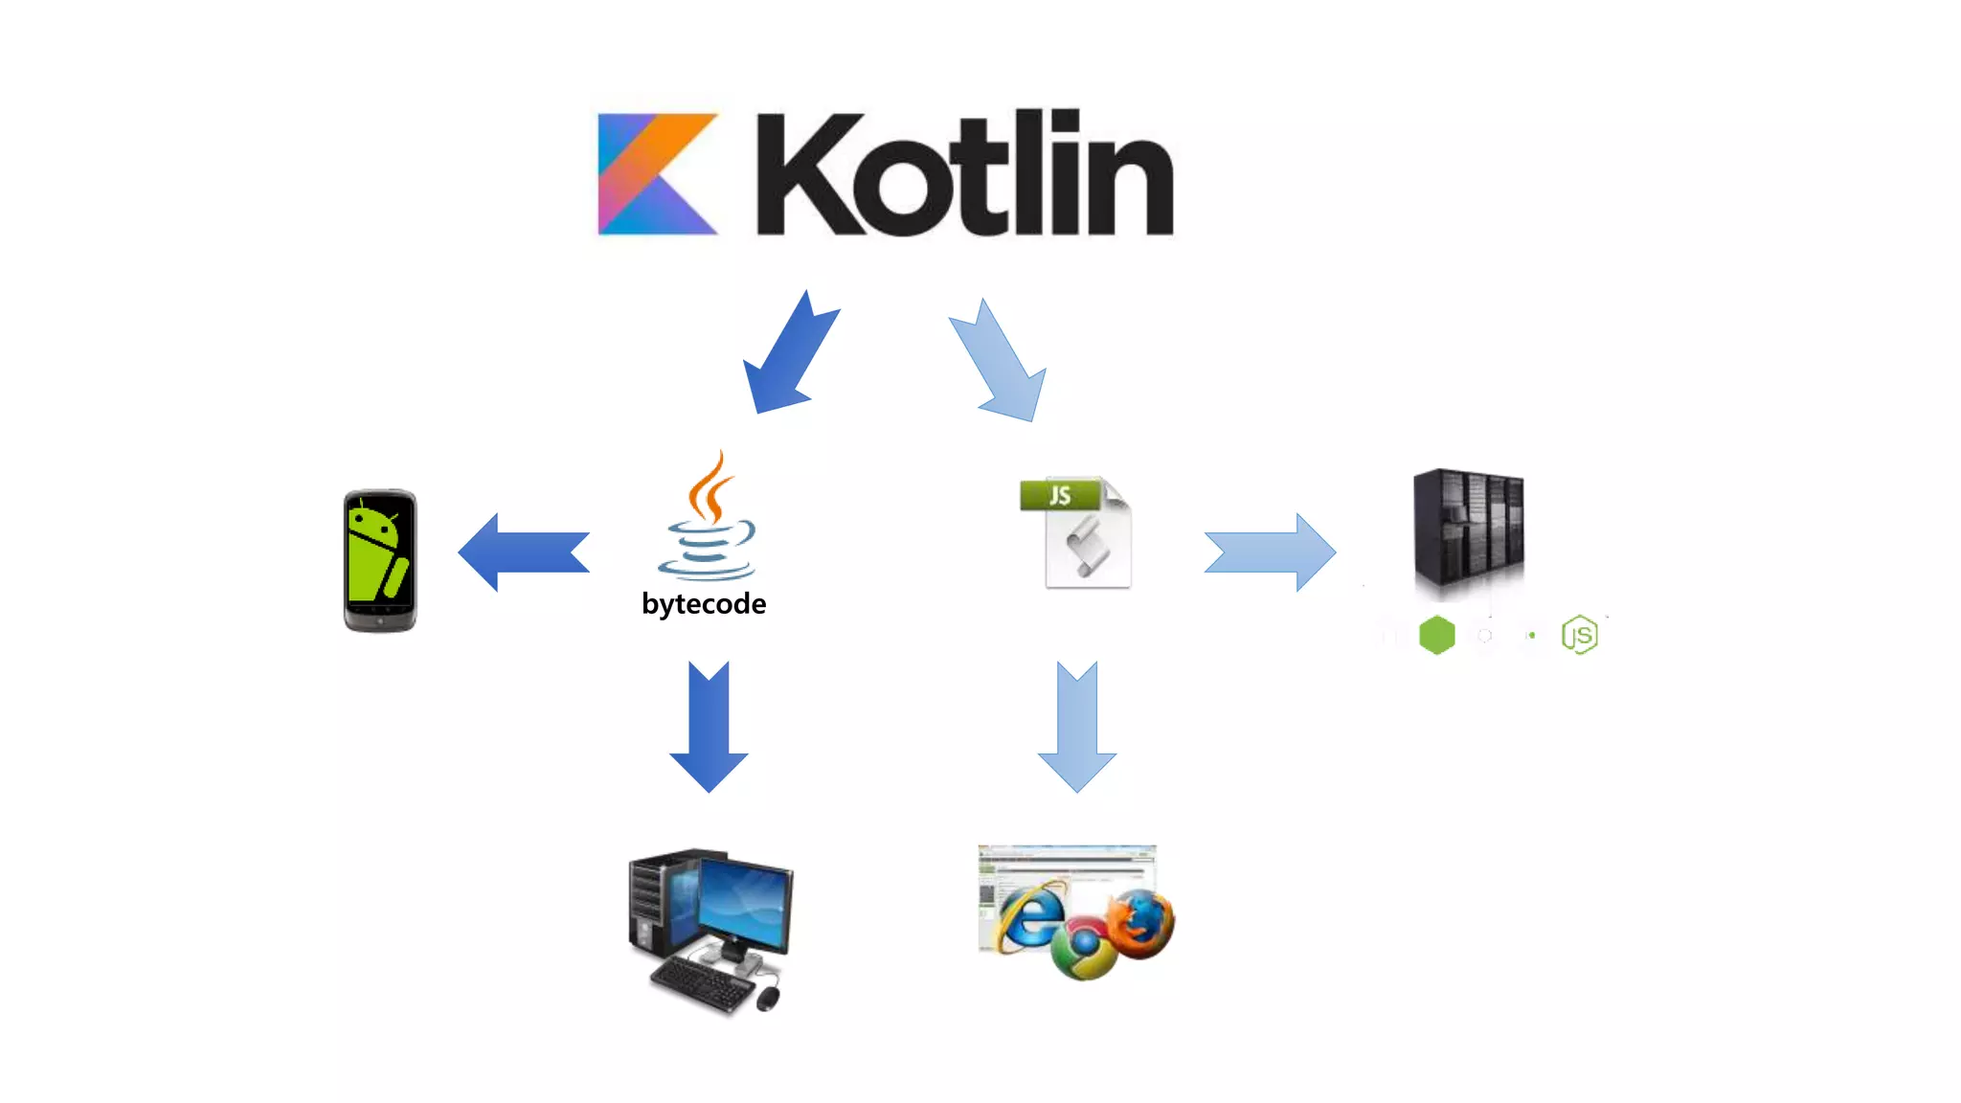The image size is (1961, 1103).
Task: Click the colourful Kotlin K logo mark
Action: click(x=656, y=174)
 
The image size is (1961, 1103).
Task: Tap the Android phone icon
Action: click(x=380, y=561)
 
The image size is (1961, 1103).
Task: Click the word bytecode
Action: click(x=704, y=604)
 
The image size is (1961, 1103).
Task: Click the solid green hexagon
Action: click(x=1436, y=635)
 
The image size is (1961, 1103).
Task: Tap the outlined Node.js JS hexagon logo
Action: click(x=1579, y=635)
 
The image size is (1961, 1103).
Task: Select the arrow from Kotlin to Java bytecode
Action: click(x=790, y=354)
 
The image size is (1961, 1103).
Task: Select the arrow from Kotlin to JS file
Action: click(x=1000, y=363)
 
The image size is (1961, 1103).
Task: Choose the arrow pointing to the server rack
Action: click(x=1270, y=552)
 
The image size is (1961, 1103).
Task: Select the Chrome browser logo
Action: click(x=1083, y=947)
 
